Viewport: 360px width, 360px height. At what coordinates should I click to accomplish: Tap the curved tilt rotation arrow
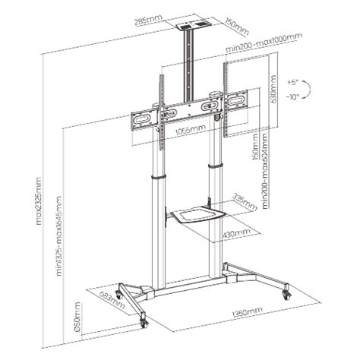point(314,89)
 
